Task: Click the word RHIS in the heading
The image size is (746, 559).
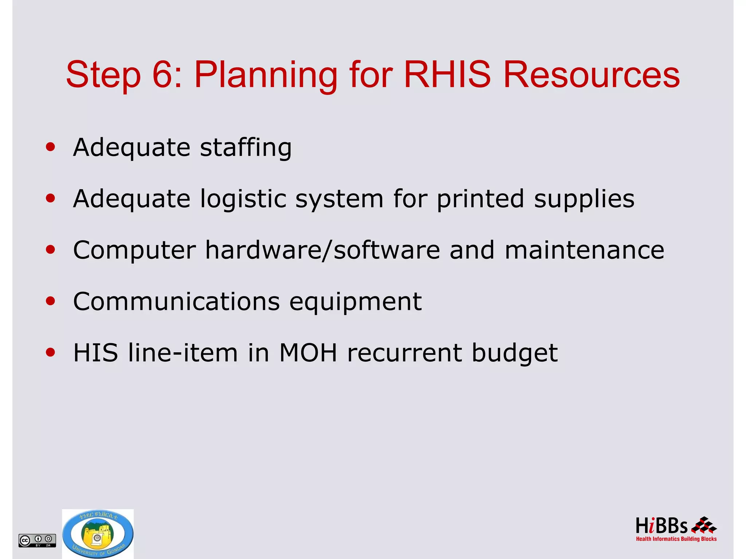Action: click(x=447, y=75)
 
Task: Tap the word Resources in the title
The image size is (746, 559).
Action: click(x=591, y=75)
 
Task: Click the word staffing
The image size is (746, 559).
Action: click(x=246, y=148)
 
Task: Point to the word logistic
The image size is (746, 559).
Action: click(x=243, y=199)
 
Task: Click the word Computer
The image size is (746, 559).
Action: click(x=134, y=250)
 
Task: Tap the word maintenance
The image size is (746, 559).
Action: click(x=584, y=250)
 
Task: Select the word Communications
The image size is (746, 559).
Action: click(x=176, y=302)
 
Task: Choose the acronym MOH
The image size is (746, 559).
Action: click(x=308, y=353)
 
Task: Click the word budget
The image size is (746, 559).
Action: click(x=514, y=353)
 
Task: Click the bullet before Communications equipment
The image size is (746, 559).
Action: click(x=51, y=301)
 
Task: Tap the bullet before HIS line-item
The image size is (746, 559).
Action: click(x=51, y=352)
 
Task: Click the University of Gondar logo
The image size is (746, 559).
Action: click(x=98, y=534)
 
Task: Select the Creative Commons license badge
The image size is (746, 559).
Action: click(x=37, y=540)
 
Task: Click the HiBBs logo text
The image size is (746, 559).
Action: click(x=661, y=526)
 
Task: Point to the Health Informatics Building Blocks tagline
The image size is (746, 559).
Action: click(x=676, y=539)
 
